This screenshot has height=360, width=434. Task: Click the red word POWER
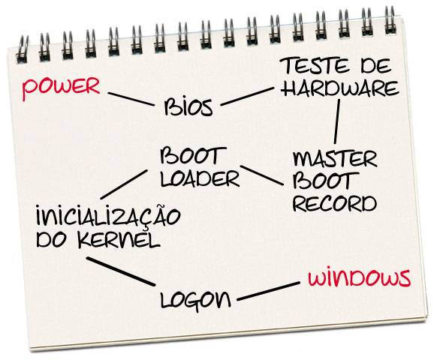pyautogui.click(x=61, y=88)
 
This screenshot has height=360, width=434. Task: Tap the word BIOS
pyautogui.click(x=188, y=106)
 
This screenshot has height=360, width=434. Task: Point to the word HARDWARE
pyautogui.click(x=340, y=88)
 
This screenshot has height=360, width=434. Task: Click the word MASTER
pyautogui.click(x=335, y=158)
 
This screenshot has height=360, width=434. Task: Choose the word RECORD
pyautogui.click(x=335, y=204)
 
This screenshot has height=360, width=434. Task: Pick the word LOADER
pyautogui.click(x=200, y=179)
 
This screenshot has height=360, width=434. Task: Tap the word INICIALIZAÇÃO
pyautogui.click(x=108, y=216)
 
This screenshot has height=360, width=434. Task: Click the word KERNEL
pyautogui.click(x=119, y=240)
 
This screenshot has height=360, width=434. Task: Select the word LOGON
pyautogui.click(x=195, y=301)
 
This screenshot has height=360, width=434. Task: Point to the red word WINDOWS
pyautogui.click(x=359, y=278)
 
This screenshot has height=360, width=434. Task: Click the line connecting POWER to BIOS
pyautogui.click(x=131, y=99)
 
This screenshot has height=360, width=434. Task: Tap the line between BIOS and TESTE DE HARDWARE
pyautogui.click(x=247, y=97)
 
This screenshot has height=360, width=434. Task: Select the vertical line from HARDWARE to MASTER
pyautogui.click(x=337, y=121)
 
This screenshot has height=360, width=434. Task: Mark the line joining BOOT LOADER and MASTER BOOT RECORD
pyautogui.click(x=262, y=175)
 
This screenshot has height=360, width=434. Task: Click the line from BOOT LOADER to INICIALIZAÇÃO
pyautogui.click(x=124, y=184)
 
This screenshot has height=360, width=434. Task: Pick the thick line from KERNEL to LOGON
pyautogui.click(x=120, y=271)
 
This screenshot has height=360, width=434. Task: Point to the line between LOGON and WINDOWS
pyautogui.click(x=269, y=291)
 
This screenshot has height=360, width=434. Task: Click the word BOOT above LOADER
pyautogui.click(x=193, y=156)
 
